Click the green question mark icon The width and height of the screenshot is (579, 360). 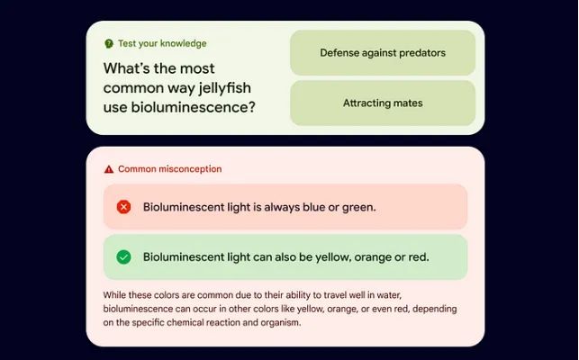[109, 43]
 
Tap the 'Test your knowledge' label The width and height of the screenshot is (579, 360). [162, 43]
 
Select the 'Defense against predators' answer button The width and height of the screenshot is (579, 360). [383, 53]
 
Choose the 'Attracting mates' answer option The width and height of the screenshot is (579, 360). [383, 103]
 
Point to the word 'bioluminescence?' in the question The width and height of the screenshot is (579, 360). [193, 107]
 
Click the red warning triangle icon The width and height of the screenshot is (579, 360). [109, 169]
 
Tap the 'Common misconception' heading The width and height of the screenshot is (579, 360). [170, 169]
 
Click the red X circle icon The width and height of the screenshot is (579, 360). [123, 207]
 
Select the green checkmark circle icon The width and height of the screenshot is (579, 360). [123, 257]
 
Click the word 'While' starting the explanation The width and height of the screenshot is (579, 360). [113, 295]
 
